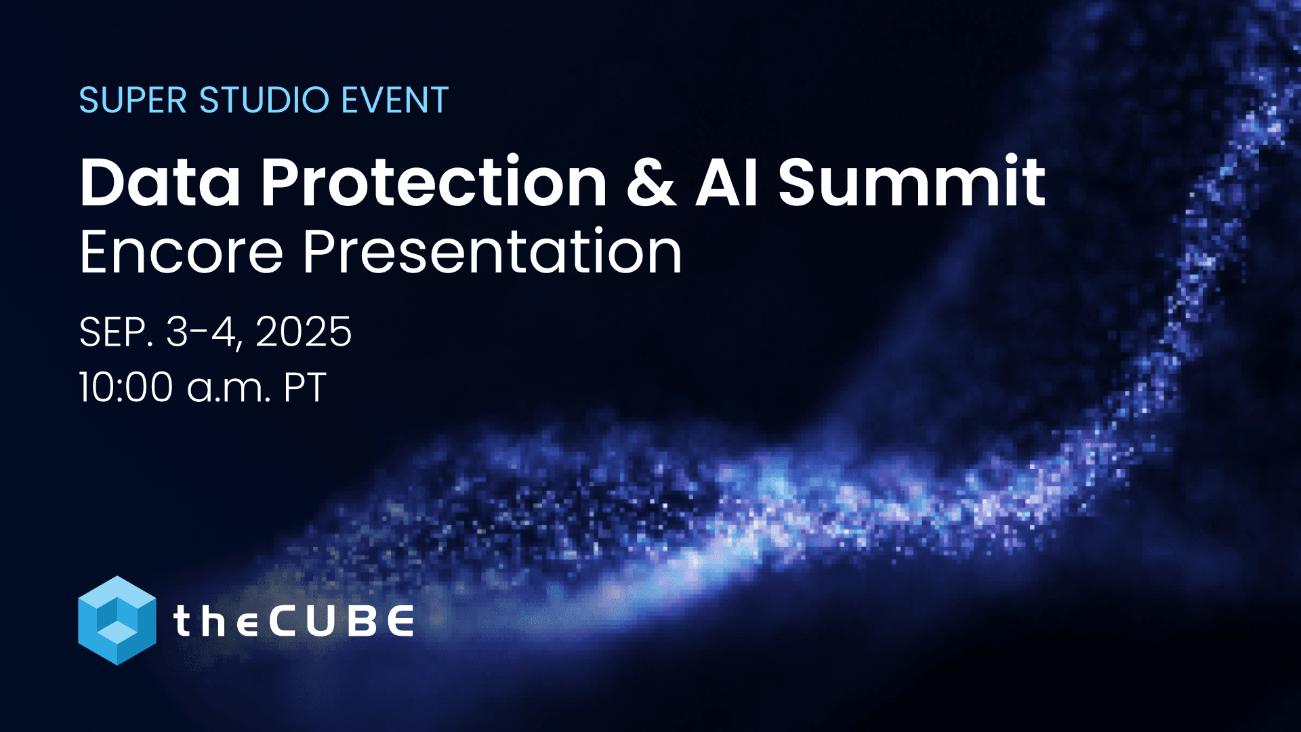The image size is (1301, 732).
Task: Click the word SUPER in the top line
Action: click(133, 100)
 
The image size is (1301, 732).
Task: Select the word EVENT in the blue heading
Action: click(394, 100)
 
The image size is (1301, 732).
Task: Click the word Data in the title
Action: click(160, 183)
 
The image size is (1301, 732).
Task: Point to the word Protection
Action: click(434, 183)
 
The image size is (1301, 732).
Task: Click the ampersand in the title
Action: click(651, 183)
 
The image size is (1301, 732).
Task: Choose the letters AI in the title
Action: click(727, 183)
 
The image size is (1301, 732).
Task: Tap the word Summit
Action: click(911, 183)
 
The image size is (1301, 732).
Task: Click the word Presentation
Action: click(492, 252)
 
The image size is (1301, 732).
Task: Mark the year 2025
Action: click(304, 332)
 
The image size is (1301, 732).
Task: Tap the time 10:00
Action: click(126, 388)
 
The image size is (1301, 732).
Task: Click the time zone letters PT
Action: click(305, 388)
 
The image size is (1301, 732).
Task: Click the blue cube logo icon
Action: click(117, 620)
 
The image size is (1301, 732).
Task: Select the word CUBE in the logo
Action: click(342, 621)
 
